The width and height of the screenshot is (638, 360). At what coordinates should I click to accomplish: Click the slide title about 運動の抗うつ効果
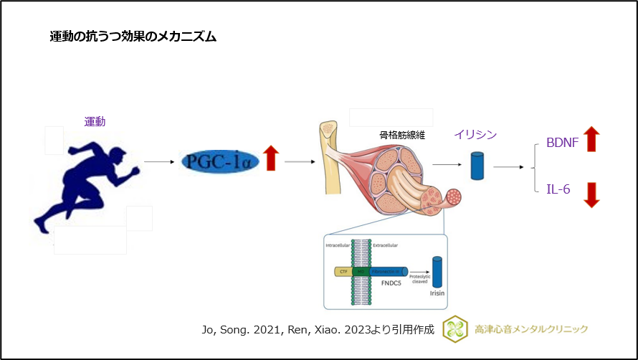(x=133, y=37)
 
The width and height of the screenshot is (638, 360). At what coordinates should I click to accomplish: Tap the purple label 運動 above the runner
(x=95, y=122)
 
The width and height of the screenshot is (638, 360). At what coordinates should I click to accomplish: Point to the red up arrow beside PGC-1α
(x=270, y=158)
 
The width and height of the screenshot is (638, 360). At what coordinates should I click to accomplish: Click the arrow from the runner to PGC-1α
(x=159, y=161)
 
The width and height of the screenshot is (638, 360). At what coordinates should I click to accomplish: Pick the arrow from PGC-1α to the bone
(x=300, y=161)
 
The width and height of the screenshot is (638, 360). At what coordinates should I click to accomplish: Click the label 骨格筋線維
(x=402, y=134)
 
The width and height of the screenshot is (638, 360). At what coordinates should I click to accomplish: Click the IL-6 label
(x=558, y=189)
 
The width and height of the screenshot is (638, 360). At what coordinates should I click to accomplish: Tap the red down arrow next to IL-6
(x=591, y=194)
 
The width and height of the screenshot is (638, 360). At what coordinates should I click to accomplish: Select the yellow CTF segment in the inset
(x=343, y=273)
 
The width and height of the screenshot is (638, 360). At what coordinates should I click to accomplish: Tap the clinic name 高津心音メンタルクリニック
(x=531, y=329)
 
